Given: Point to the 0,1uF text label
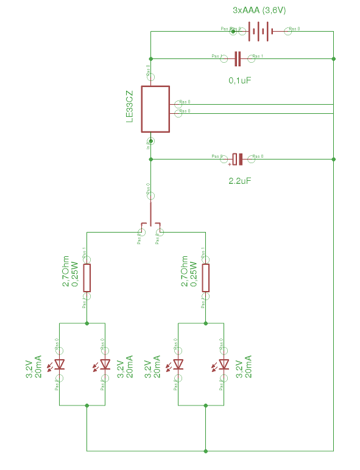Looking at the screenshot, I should (239, 80).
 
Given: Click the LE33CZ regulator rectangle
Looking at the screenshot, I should (155, 109).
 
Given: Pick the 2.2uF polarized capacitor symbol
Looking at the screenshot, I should (238, 159).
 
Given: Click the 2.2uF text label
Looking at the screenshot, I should (239, 181).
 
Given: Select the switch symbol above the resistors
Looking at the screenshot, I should (150, 225).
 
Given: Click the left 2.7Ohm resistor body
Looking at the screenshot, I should (87, 278).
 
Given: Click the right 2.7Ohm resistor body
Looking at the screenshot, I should (206, 278).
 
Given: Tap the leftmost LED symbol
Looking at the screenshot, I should (60, 365).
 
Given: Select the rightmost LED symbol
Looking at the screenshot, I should (224, 365).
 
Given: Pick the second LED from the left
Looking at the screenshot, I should (105, 365).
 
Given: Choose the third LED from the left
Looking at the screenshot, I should (178, 365).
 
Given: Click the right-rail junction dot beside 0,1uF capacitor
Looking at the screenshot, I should (334, 58).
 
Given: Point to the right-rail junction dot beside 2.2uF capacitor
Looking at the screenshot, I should (334, 159).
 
